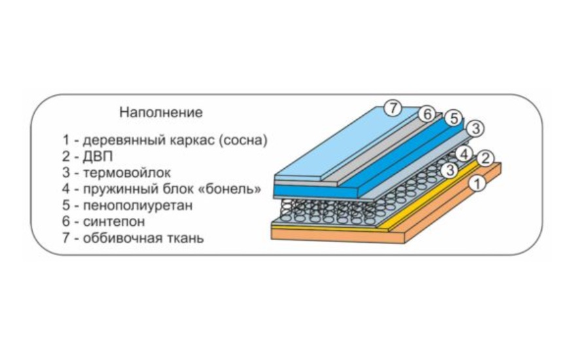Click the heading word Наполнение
point(161,112)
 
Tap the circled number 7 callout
point(393,108)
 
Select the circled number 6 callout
point(427,115)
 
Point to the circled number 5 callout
point(454,118)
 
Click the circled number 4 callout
point(463,154)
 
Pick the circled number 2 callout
point(486,158)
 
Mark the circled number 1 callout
point(478,183)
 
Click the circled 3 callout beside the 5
point(476,129)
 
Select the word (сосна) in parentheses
point(243,140)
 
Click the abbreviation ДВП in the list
point(98,156)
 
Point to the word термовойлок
point(127,173)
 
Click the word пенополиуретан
point(137,206)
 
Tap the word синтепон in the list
point(114,221)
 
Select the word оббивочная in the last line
point(124,238)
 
